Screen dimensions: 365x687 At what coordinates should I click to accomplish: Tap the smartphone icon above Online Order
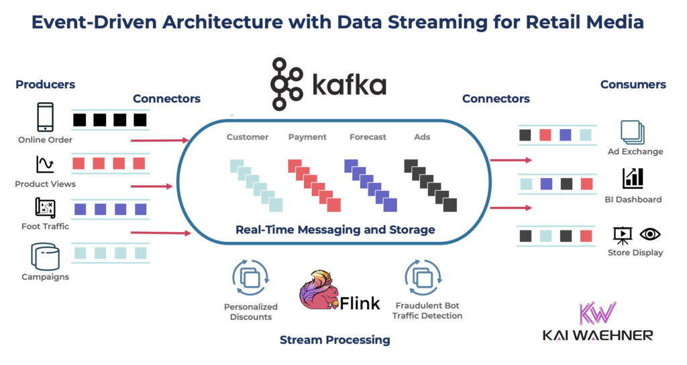coord(45,118)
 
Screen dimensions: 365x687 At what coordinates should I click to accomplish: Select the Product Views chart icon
coord(45,165)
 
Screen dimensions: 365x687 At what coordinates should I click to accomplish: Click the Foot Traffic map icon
coord(45,208)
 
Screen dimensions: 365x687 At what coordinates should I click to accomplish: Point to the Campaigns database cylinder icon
coord(45,256)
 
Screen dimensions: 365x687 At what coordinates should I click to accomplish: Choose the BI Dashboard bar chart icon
coord(633,178)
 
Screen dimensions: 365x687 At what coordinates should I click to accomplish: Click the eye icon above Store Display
coord(650,234)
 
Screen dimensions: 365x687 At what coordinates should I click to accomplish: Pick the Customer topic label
coord(248,137)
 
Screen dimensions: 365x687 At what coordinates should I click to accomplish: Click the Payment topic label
coord(307,137)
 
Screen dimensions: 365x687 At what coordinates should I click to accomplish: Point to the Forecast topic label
coord(368,137)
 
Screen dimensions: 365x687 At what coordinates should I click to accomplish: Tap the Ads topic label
coord(422,137)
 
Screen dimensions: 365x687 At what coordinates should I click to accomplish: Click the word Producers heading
coord(45,85)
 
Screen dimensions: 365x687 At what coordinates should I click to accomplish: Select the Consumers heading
coord(633,85)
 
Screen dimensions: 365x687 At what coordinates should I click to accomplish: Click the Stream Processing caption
coord(335,340)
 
